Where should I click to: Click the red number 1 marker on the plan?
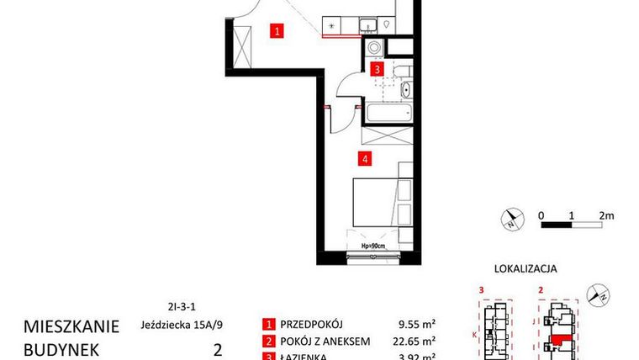tap(277, 32)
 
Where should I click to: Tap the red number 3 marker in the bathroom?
tap(378, 69)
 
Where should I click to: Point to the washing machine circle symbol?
tap(373, 48)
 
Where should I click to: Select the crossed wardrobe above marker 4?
tap(385, 135)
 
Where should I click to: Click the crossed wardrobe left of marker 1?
tap(242, 48)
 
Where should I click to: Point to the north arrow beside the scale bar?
tap(510, 221)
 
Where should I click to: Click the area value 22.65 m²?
tap(416, 341)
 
